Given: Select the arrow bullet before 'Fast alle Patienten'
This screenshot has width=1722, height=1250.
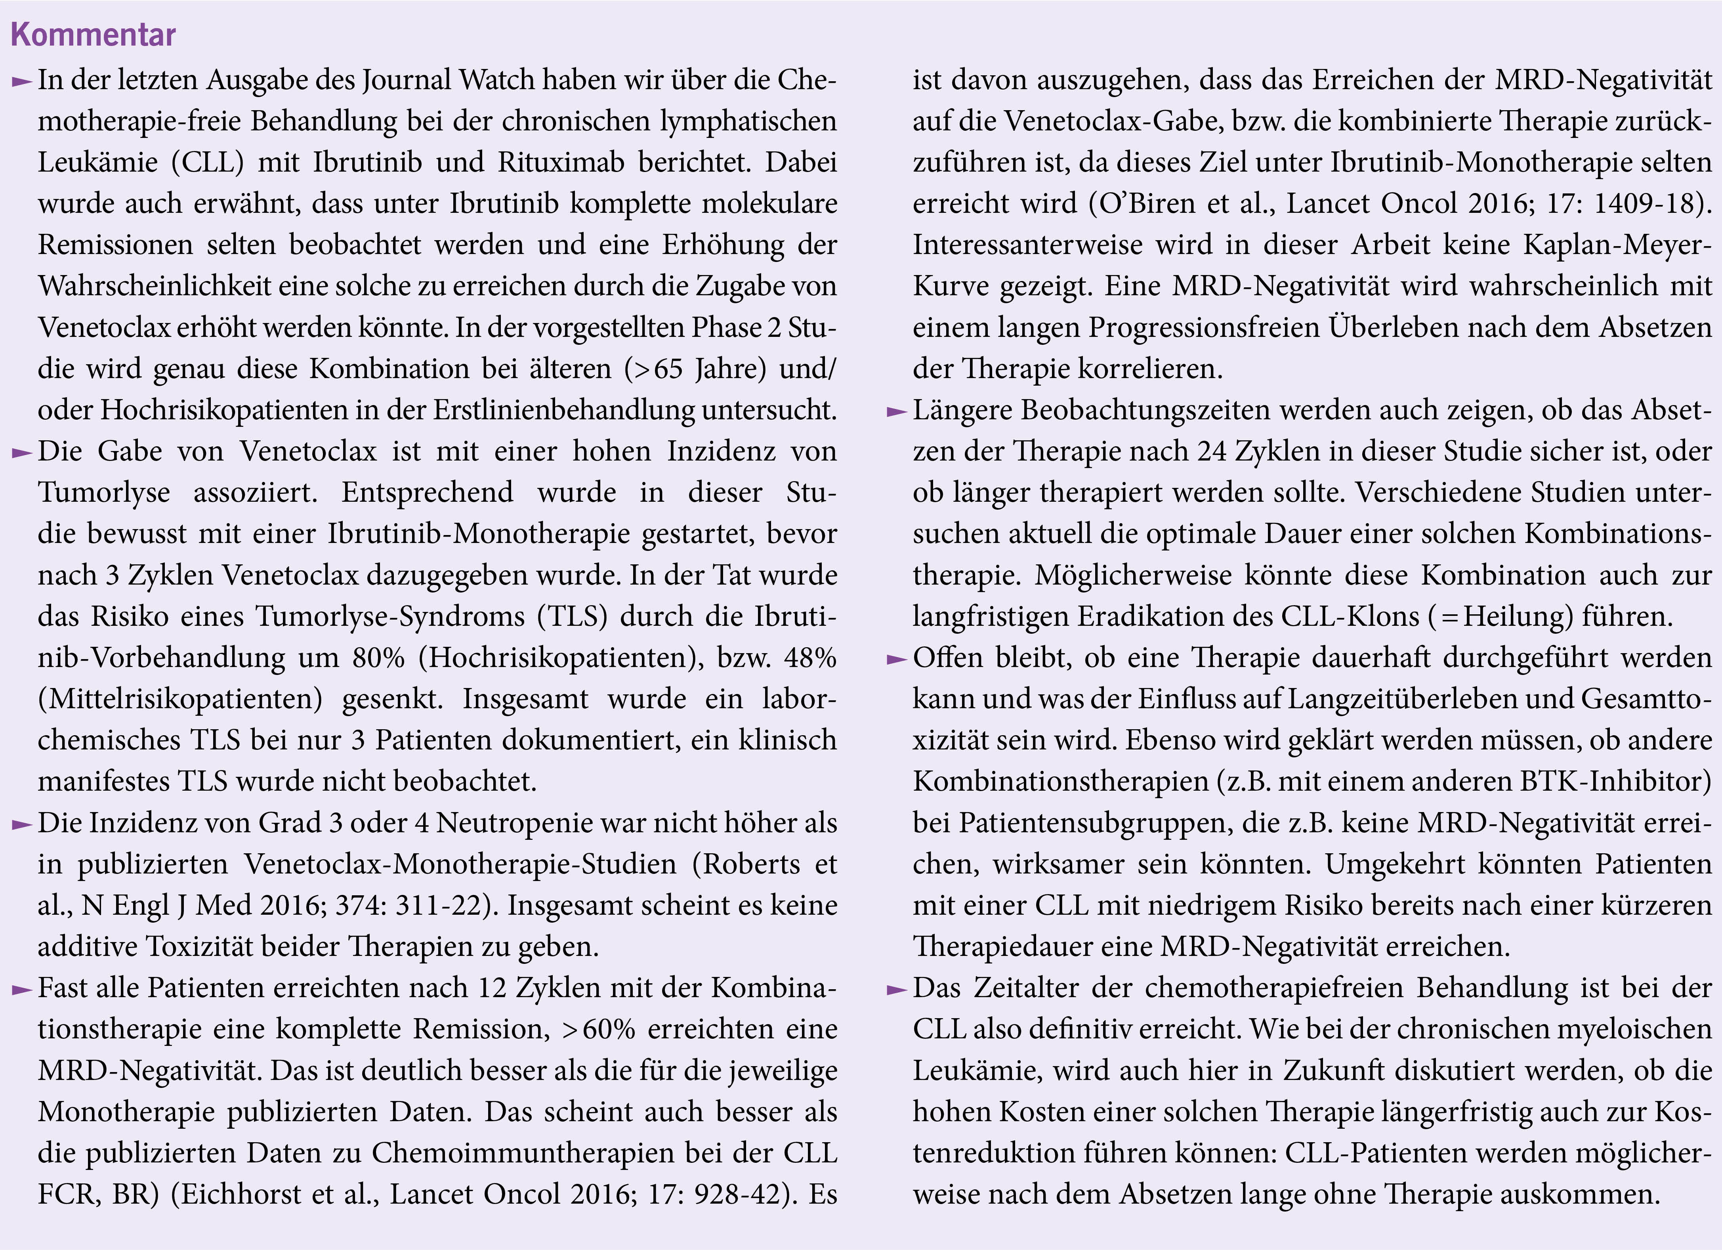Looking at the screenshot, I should click(x=22, y=989).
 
